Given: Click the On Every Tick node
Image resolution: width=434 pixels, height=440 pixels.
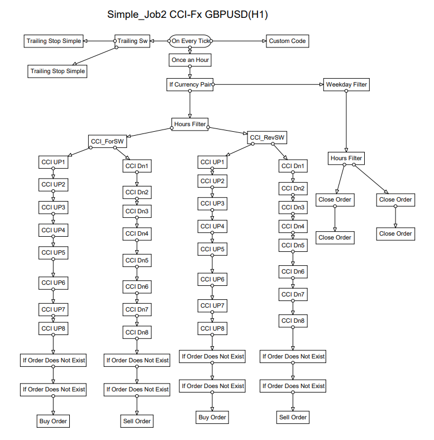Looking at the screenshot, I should [190, 41].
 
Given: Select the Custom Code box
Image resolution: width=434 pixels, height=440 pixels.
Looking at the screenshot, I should [287, 41].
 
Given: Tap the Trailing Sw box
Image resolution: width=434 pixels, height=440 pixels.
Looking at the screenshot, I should [132, 41].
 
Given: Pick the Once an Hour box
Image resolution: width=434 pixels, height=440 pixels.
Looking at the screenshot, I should [190, 59].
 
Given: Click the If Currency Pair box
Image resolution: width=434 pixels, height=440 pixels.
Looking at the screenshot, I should [190, 85].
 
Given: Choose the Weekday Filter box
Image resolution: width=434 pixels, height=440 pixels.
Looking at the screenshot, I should [346, 84].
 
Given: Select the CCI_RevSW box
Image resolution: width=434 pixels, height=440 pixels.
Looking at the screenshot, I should [268, 137].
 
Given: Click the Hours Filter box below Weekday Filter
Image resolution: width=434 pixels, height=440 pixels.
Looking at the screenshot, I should [346, 159].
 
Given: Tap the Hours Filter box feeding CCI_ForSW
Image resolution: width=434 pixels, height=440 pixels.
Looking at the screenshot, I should [190, 123].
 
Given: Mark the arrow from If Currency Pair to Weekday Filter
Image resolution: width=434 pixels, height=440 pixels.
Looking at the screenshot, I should [268, 85].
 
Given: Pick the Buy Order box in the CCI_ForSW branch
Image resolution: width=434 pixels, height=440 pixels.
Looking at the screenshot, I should [53, 421].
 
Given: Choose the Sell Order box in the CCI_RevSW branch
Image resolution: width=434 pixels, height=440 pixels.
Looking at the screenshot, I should [292, 417].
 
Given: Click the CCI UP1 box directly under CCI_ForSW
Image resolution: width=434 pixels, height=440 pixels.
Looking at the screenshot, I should [53, 162].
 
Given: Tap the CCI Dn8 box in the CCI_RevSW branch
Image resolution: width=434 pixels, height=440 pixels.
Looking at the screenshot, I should [293, 321].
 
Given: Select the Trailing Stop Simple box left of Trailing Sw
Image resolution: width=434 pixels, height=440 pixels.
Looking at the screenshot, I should [54, 41].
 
